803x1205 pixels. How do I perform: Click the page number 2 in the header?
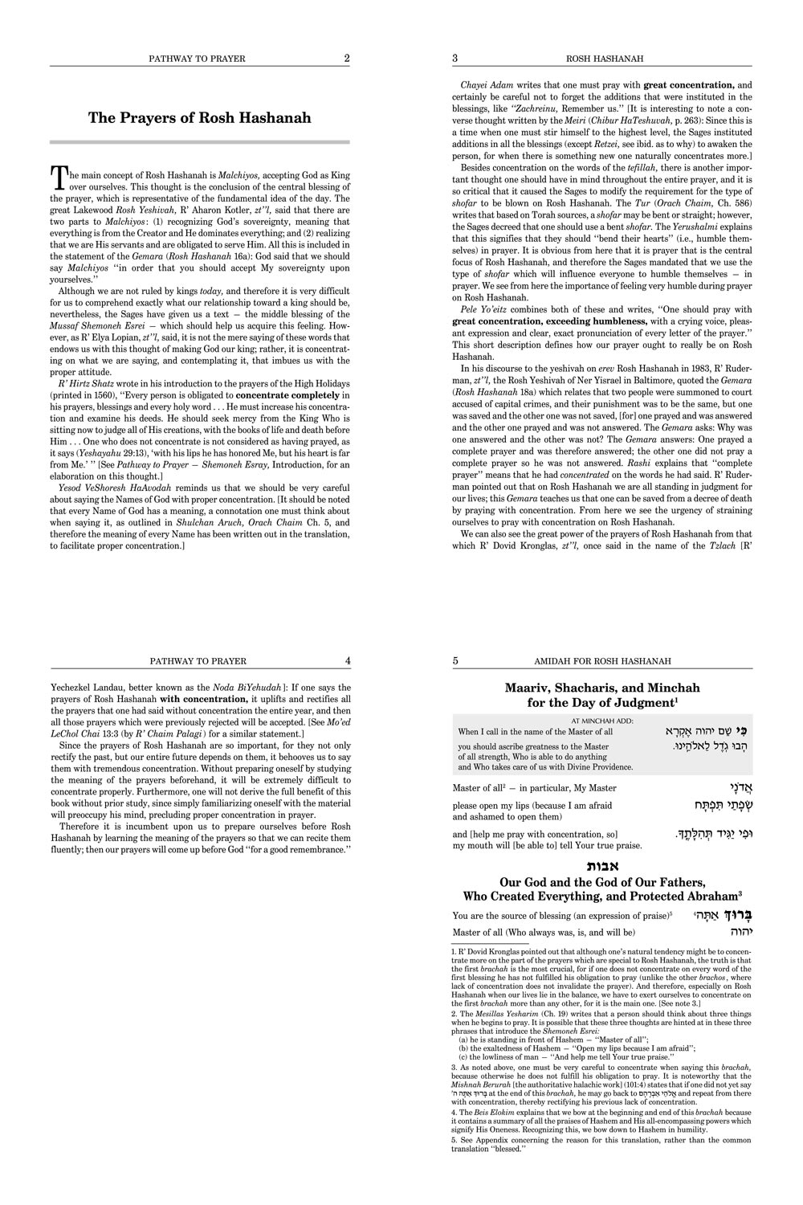point(346,58)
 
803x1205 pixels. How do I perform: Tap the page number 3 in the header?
point(455,58)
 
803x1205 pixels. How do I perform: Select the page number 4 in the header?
point(347,660)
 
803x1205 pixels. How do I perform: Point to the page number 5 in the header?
point(455,660)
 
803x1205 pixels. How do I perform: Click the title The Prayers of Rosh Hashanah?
point(199,118)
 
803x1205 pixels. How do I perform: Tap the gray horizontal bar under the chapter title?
point(199,142)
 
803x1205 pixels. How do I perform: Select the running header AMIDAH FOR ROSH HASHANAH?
point(602,661)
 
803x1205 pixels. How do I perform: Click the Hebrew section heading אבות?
point(602,866)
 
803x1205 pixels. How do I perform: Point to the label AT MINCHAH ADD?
point(602,721)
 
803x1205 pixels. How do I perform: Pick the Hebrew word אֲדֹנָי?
point(734,787)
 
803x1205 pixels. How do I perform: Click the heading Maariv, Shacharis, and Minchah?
point(602,688)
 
